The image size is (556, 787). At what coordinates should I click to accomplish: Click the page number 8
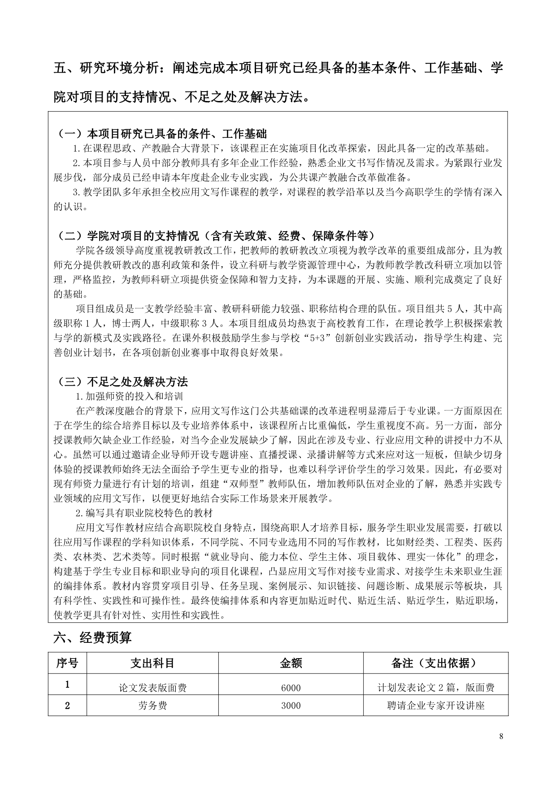click(x=501, y=736)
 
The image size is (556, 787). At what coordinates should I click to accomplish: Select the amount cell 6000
click(x=291, y=688)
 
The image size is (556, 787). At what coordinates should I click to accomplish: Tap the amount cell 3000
click(x=291, y=705)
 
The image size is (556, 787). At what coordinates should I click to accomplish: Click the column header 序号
click(x=67, y=663)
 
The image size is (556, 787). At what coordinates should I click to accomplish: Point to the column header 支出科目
click(x=152, y=663)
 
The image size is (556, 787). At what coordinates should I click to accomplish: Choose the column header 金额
click(x=291, y=663)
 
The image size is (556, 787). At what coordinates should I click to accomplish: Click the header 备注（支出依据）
click(x=435, y=663)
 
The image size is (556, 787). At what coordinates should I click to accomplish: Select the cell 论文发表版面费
click(x=152, y=688)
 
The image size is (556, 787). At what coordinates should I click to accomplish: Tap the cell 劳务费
click(x=152, y=705)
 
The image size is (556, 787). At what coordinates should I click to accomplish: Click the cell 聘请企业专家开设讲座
click(x=435, y=705)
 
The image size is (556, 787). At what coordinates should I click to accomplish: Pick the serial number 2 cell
click(x=67, y=705)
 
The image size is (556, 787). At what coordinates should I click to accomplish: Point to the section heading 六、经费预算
click(x=92, y=638)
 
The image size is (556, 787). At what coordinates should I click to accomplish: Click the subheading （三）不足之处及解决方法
click(x=123, y=382)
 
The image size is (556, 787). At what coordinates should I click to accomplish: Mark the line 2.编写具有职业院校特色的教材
click(x=143, y=513)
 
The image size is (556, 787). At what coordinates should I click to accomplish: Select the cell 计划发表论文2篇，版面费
click(x=435, y=688)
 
